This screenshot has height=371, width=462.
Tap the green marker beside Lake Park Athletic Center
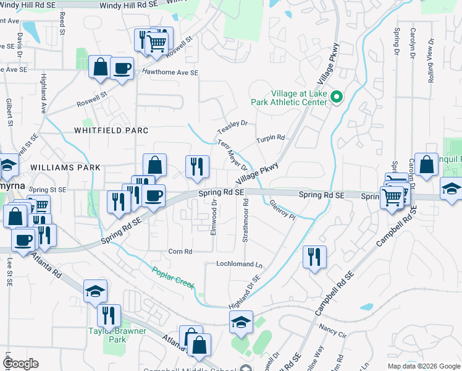click(x=337, y=97)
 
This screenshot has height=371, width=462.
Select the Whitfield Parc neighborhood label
click(x=111, y=130)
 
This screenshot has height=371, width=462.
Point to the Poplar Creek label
click(x=174, y=276)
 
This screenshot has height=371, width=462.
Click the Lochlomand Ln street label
click(x=239, y=264)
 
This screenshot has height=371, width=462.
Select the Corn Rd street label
click(x=180, y=252)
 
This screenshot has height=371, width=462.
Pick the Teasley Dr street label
click(x=232, y=127)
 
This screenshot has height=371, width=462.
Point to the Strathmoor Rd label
click(x=245, y=220)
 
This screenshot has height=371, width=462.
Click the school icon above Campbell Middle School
click(x=241, y=321)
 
